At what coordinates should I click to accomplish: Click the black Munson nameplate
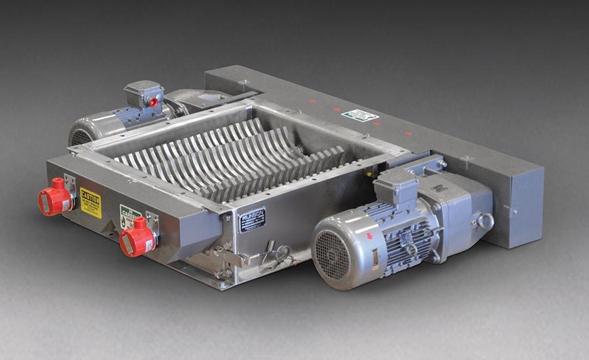[x=252, y=220]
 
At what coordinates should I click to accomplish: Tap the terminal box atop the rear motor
[x=145, y=93]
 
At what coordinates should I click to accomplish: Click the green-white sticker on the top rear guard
[x=360, y=115]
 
